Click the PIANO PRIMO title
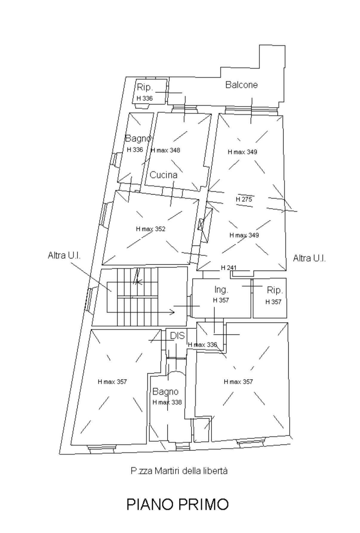[x=178, y=504]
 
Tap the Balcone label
[x=241, y=85]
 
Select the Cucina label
[x=163, y=175]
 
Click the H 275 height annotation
[x=244, y=199]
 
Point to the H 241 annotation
[x=228, y=267]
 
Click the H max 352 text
[x=150, y=229]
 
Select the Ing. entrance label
[x=221, y=289]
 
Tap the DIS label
[x=177, y=336]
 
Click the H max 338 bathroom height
[x=167, y=402]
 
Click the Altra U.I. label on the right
[x=309, y=258]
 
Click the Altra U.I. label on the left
[x=64, y=255]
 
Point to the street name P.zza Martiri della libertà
[x=179, y=471]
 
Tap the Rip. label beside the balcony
[x=145, y=87]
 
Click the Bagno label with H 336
[x=138, y=138]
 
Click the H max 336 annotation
[x=202, y=345]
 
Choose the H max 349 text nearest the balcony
[x=242, y=152]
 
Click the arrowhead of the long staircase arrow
[x=172, y=312]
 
